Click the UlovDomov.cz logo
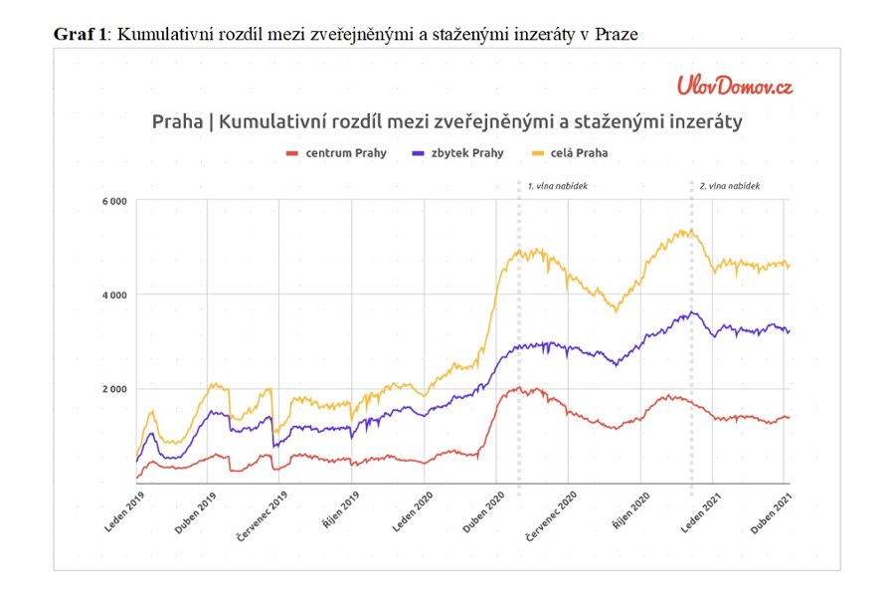(735, 86)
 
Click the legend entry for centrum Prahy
(336, 153)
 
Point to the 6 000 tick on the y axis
(113, 202)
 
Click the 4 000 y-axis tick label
(113, 296)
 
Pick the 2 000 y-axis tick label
(113, 389)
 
